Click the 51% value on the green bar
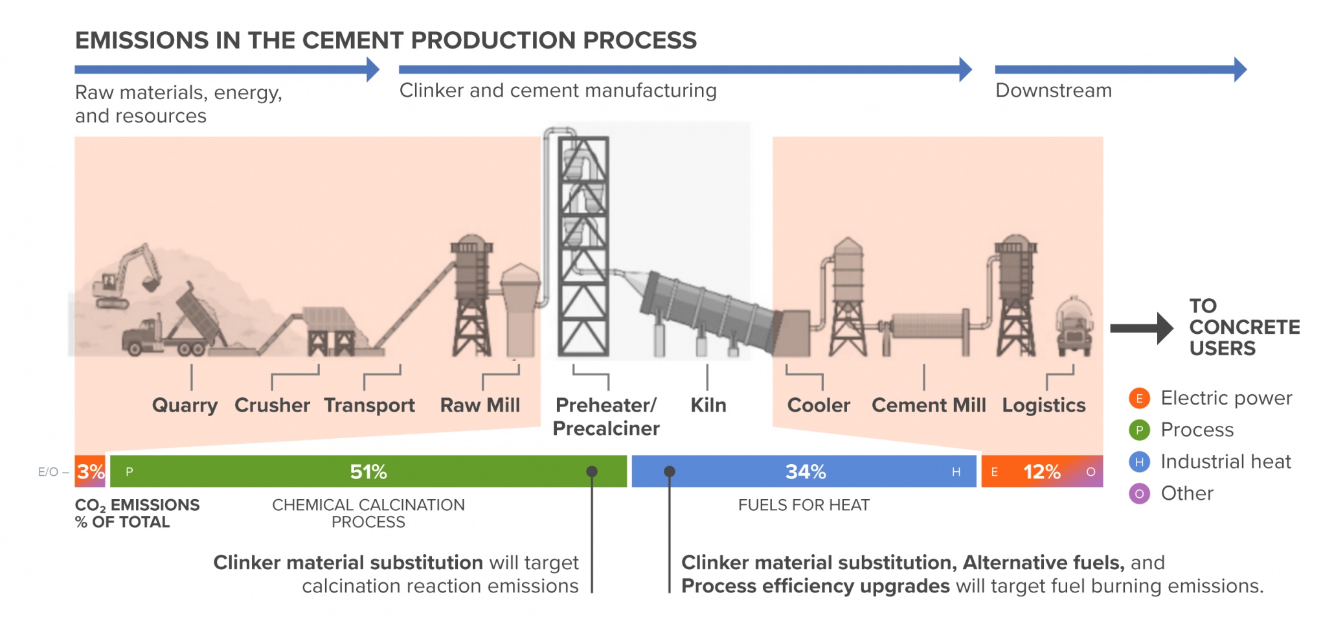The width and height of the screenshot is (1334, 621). [x=368, y=471]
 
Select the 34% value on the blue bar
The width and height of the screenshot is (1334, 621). [x=806, y=471]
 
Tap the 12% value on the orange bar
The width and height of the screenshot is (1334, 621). [x=1041, y=471]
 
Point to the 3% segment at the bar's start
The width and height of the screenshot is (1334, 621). [x=90, y=471]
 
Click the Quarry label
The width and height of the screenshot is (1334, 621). [x=185, y=405]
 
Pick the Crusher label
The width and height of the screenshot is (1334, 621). [x=272, y=405]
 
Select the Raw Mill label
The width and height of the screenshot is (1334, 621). [x=480, y=405]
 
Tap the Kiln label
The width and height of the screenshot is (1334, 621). [x=708, y=405]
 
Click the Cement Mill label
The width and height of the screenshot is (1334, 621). [x=929, y=405]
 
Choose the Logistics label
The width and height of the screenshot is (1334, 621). [x=1044, y=405]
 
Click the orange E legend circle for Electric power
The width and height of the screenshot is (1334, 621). [x=1139, y=398]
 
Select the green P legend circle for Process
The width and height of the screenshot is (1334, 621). [x=1139, y=430]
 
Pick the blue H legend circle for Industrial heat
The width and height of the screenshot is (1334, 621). [x=1139, y=462]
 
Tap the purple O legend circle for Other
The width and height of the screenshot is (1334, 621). [x=1139, y=493]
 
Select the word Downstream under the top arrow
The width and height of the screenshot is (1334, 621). [x=1054, y=90]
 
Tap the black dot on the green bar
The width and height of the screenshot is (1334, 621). [x=592, y=471]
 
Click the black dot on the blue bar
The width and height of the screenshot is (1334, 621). [x=670, y=471]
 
